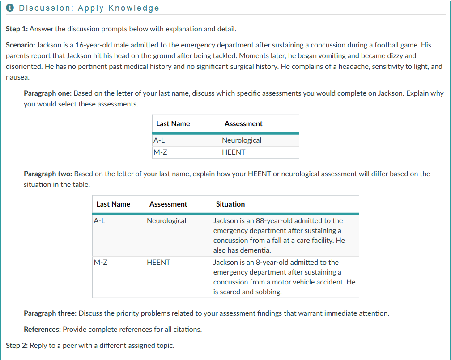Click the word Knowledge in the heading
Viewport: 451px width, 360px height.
(137, 8)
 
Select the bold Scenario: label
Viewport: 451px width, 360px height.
(20, 45)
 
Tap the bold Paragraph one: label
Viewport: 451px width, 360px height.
(47, 93)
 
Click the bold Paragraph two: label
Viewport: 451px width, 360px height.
(47, 174)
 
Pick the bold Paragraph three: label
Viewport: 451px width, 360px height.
(50, 313)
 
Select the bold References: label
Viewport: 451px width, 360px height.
(43, 330)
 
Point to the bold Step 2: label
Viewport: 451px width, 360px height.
(17, 345)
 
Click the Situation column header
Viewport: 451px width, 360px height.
(230, 204)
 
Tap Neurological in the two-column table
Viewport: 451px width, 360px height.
(242, 140)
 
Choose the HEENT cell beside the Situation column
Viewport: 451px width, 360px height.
(158, 263)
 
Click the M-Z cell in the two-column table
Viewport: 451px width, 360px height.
(161, 152)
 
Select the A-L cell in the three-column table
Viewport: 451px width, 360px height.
(99, 221)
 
